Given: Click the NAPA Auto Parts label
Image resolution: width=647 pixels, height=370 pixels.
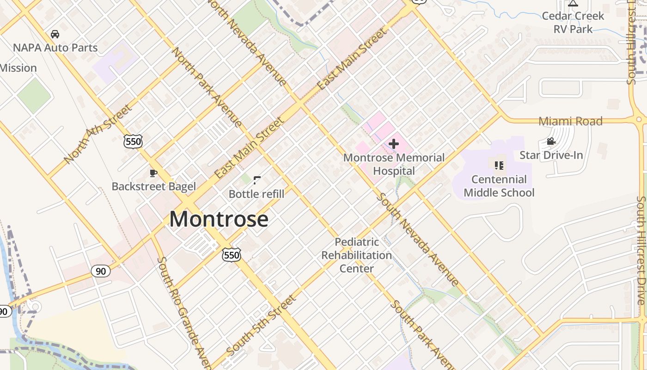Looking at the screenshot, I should [x=55, y=48].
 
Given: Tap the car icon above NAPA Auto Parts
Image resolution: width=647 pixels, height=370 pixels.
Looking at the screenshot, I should [x=55, y=34].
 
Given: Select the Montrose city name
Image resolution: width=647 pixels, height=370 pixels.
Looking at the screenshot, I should [x=219, y=219].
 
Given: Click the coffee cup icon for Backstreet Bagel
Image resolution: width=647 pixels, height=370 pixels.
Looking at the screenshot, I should [x=153, y=173].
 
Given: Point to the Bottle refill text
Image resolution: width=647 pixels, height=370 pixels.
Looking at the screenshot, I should [x=256, y=194].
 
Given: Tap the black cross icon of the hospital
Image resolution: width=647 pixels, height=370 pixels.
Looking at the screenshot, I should [x=394, y=144].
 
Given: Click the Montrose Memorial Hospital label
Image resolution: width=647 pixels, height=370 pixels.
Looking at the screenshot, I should [x=394, y=164].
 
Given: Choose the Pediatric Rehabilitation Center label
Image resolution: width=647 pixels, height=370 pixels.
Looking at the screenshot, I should [x=356, y=255].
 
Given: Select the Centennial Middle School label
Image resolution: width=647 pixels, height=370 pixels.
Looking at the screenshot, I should [x=499, y=186].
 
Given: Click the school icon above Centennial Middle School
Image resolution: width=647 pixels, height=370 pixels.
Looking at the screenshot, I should [x=499, y=165].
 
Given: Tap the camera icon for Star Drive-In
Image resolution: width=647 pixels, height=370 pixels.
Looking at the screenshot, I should [x=551, y=142].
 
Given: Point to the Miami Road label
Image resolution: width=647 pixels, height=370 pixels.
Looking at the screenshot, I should [x=570, y=121].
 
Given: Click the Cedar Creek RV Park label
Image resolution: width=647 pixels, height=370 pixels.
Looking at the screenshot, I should [x=573, y=22].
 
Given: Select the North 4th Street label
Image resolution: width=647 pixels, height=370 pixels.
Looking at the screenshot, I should [x=98, y=134].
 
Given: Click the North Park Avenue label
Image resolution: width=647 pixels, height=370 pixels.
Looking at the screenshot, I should [x=207, y=87].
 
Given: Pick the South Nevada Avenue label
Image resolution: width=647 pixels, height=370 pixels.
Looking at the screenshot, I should [x=418, y=239].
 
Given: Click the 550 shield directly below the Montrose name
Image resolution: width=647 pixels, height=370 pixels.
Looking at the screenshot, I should [x=231, y=255].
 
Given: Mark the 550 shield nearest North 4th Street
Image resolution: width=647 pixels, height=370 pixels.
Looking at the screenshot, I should [x=133, y=142].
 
